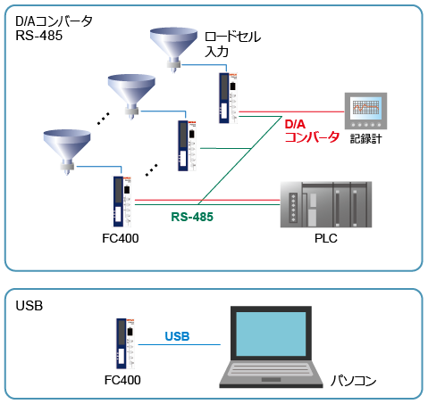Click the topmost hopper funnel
coord(174,45)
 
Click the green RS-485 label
coord(192,215)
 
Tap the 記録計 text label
coord(367,138)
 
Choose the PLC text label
coord(324,239)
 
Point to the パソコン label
coord(353,381)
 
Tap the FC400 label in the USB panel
coord(122,380)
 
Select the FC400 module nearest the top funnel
coord(223,98)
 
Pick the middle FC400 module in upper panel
coord(184,145)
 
